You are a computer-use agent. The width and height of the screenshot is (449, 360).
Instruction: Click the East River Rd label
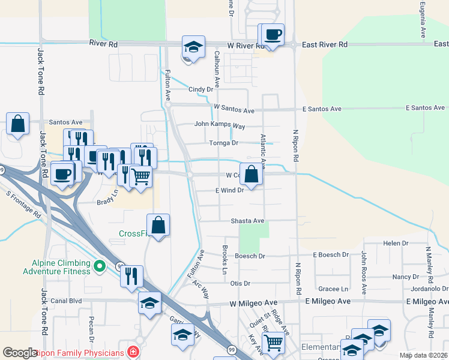(325, 44)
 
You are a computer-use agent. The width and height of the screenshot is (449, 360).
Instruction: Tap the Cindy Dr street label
(201, 89)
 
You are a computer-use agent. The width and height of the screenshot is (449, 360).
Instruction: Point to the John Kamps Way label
(220, 125)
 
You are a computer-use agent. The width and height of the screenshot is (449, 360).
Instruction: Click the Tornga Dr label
(224, 143)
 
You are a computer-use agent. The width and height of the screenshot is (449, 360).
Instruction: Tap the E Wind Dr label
(229, 190)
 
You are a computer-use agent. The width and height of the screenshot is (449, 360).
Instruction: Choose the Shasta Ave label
(248, 221)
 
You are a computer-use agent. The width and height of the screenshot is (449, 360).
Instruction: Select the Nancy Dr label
(405, 277)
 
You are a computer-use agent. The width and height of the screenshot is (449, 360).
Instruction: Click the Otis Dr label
(240, 283)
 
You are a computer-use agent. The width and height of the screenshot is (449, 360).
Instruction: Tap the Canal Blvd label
(66, 301)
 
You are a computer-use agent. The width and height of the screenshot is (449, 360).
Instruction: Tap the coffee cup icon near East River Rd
(272, 34)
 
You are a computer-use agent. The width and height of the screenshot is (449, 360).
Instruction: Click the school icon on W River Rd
(193, 47)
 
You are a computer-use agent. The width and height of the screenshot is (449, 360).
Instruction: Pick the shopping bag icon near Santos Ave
(18, 124)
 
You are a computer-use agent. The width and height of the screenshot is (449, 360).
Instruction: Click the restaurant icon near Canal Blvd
(131, 277)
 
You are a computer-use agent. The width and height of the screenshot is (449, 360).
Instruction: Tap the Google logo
(20, 352)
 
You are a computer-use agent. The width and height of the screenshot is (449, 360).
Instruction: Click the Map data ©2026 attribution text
(423, 355)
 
